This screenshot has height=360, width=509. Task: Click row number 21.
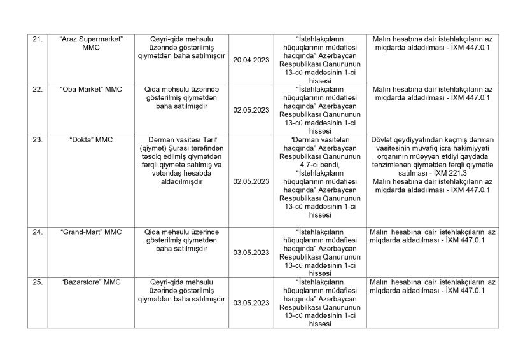point(37,39)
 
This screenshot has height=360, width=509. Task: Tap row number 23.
point(37,139)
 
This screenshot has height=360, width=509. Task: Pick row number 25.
point(37,282)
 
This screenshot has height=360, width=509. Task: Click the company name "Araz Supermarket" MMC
point(91,43)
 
